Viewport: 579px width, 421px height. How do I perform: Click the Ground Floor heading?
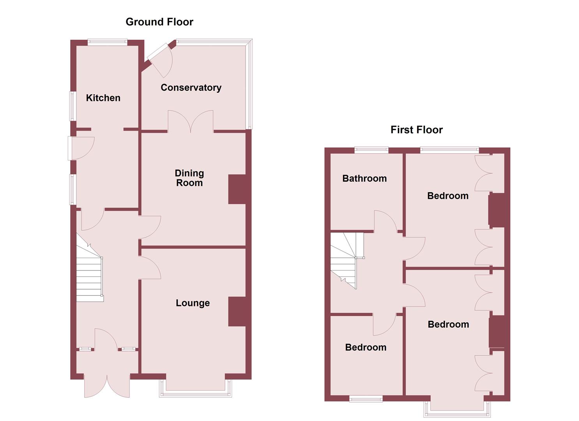[159, 22]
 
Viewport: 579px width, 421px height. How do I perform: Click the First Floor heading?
[416, 130]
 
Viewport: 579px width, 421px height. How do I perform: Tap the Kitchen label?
[103, 98]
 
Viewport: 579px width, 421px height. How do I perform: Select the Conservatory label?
[191, 88]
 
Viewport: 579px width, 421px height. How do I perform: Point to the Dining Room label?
[189, 178]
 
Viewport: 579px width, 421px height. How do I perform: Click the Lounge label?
[193, 303]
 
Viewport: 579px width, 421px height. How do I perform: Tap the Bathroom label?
[365, 179]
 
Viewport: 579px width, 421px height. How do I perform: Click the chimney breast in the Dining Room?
[237, 189]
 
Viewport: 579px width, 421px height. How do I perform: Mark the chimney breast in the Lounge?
[237, 311]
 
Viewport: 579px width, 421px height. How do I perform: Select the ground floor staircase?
[89, 273]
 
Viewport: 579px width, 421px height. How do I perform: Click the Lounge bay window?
[195, 391]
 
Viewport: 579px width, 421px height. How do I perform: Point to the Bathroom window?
[371, 149]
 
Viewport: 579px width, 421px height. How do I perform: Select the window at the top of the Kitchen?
[107, 42]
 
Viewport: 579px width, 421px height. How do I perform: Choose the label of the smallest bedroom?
[366, 347]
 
